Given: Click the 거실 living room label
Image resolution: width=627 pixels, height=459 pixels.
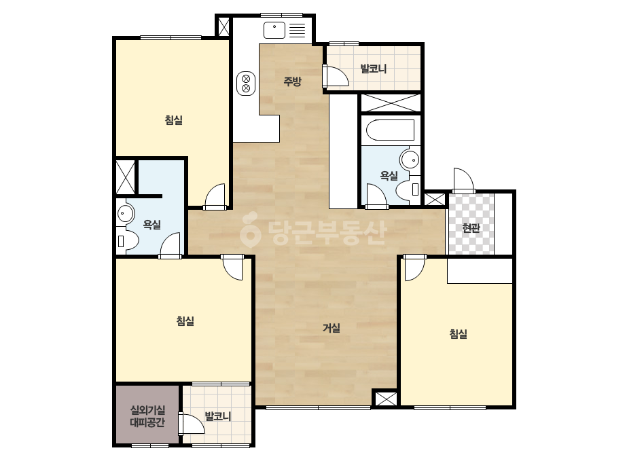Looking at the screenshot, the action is click(332, 328).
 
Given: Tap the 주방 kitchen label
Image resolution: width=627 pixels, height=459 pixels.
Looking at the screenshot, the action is click(292, 81).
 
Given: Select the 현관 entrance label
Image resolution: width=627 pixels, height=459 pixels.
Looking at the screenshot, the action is click(471, 228).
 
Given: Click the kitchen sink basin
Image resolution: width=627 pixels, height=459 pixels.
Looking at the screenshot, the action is click(274, 30).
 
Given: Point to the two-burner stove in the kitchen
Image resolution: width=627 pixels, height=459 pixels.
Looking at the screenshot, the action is click(246, 83).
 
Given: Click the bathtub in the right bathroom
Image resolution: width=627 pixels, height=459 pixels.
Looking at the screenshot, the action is click(390, 130).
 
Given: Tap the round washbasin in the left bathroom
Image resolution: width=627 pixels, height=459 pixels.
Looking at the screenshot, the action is click(126, 213).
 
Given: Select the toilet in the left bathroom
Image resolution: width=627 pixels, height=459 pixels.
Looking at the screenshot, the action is click(128, 241).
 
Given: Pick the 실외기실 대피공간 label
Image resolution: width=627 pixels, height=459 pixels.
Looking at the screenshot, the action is click(147, 416).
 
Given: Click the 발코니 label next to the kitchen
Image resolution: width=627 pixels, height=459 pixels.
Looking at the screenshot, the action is click(374, 69).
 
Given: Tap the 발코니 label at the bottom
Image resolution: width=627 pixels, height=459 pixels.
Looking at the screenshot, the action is click(218, 416).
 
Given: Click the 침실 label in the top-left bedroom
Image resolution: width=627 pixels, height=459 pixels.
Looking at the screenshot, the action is click(174, 120).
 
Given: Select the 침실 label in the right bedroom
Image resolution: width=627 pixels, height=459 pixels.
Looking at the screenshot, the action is click(459, 334).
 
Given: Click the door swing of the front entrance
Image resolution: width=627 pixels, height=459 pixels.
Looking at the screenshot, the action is click(463, 181).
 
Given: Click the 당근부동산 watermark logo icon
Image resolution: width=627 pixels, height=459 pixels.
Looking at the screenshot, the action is click(250, 229).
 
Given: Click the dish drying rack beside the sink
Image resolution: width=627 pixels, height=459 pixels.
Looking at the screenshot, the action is click(297, 30).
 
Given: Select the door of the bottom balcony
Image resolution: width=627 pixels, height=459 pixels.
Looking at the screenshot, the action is click(191, 424).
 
